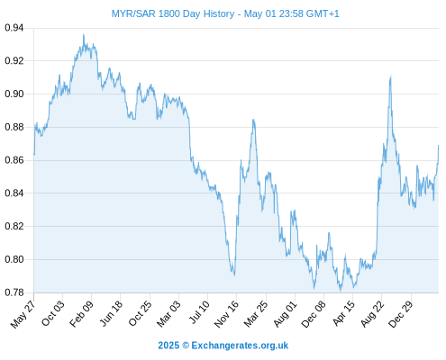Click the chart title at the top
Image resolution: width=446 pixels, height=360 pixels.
225,13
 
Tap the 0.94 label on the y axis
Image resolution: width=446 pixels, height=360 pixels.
14,28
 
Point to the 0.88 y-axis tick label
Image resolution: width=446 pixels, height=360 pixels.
14,127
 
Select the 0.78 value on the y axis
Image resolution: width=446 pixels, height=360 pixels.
14,292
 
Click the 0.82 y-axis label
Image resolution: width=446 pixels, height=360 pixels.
14,226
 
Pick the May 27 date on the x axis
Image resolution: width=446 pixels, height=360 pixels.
23,314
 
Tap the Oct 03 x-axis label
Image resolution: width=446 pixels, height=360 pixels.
53,313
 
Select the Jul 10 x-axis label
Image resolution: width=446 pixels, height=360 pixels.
199,312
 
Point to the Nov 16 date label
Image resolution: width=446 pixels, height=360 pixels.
227,314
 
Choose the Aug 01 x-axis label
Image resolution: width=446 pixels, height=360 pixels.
286,314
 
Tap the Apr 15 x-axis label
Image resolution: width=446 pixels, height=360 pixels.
344,313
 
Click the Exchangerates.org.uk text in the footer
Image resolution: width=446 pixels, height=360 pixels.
240,346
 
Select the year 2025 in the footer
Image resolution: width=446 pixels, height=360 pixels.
168,346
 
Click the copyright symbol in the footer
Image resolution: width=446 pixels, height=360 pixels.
186,346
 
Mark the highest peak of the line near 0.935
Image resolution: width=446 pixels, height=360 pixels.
84,35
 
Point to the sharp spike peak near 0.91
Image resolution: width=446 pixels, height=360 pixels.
391,76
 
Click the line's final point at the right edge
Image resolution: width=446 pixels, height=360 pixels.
438,146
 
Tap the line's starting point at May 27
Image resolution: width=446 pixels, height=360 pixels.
34,155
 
